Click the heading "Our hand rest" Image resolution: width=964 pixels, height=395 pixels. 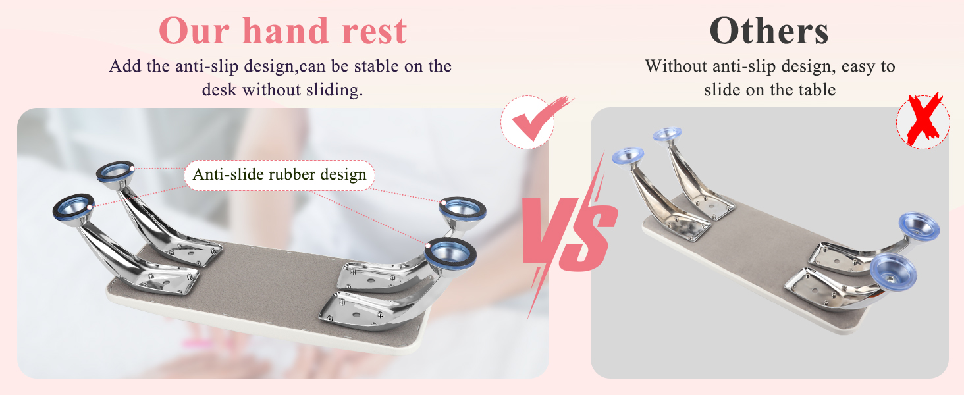(x=283, y=31)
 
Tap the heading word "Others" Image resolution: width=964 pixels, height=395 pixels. (x=768, y=31)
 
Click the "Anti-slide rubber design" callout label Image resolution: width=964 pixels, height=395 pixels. (x=280, y=175)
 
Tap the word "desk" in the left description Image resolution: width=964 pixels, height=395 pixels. (x=219, y=90)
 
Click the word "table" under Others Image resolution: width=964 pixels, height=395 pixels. (x=817, y=90)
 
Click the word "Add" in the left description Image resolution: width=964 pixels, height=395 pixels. (x=122, y=66)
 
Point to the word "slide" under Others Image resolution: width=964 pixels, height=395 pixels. (x=724, y=90)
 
